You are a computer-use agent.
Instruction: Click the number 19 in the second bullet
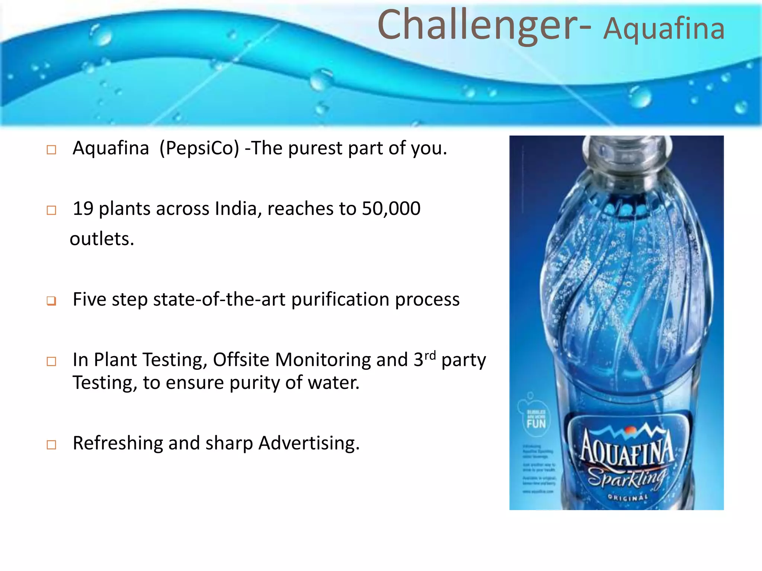(x=83, y=209)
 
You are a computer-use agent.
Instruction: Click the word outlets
(x=102, y=239)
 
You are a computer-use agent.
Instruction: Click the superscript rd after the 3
(x=430, y=355)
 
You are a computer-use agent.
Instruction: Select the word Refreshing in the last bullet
(x=117, y=443)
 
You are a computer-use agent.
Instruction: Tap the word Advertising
(x=309, y=443)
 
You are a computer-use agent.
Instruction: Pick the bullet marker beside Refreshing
(x=51, y=445)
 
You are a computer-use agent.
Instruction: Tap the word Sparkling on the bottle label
(x=627, y=478)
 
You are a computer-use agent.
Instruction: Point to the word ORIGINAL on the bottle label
(x=628, y=497)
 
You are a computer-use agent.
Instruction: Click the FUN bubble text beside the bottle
(x=536, y=423)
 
